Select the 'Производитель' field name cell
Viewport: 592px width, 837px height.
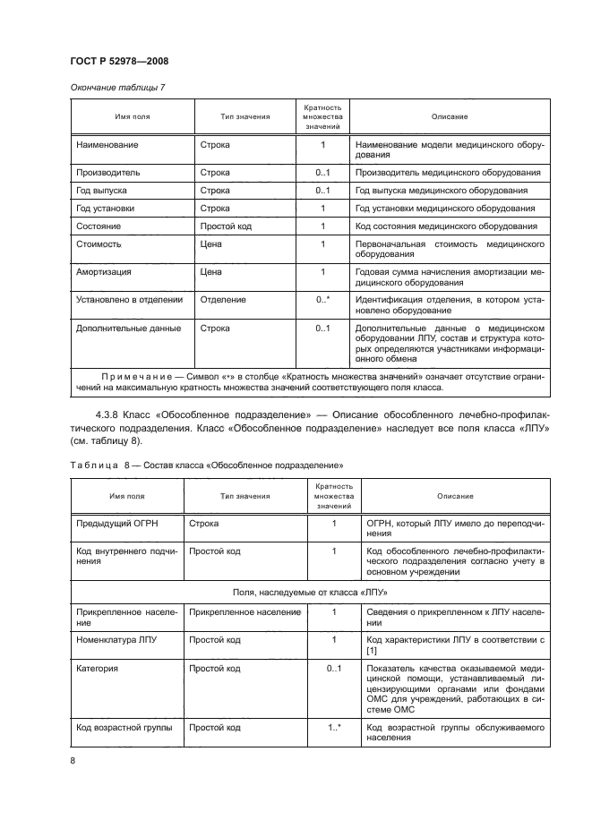coord(109,172)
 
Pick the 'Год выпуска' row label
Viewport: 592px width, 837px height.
coord(102,191)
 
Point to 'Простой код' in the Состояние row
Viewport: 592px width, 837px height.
coord(226,226)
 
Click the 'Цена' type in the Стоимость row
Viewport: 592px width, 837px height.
coord(210,243)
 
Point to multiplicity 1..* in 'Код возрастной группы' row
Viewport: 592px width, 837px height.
coord(334,728)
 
